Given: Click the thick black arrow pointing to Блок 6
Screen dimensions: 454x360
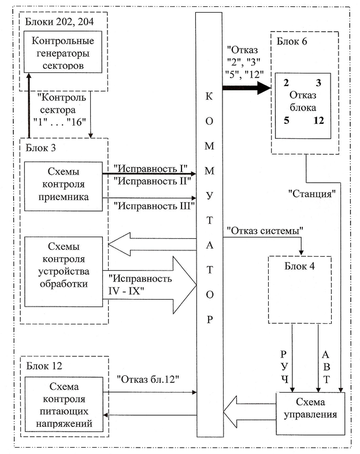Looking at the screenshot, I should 246,88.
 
